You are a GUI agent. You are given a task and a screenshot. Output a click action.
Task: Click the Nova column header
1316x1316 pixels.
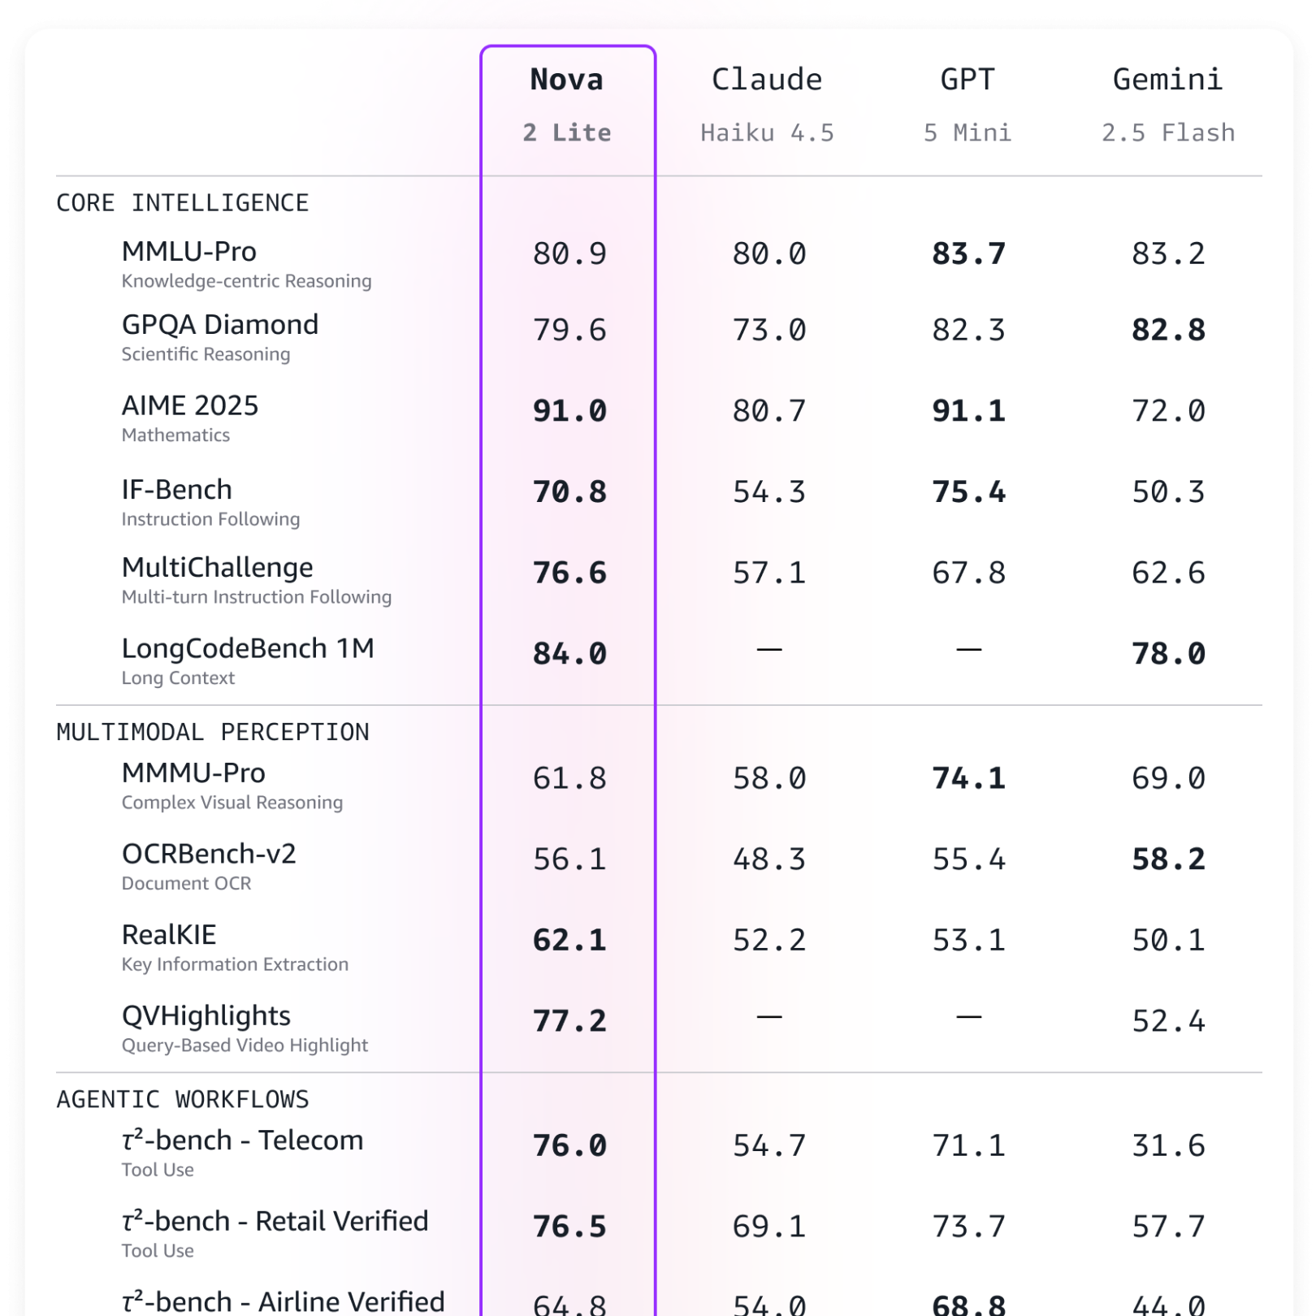click(567, 80)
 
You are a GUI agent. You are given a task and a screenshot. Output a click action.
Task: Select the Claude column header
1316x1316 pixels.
click(767, 80)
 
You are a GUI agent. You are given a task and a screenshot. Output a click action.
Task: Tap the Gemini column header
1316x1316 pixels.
click(1167, 80)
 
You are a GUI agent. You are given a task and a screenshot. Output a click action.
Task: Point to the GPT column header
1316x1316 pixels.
click(968, 80)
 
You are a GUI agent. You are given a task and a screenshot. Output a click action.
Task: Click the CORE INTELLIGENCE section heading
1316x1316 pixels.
click(183, 203)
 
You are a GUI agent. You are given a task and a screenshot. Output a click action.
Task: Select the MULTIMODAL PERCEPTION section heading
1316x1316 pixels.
click(213, 732)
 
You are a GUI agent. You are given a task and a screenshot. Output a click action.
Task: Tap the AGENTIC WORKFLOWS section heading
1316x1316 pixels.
click(183, 1099)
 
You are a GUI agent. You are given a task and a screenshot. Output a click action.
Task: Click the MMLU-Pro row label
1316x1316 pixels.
click(189, 252)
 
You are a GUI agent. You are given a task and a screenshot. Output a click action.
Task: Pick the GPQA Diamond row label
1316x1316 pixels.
click(220, 325)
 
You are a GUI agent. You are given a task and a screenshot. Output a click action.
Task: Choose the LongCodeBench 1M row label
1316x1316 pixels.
click(248, 648)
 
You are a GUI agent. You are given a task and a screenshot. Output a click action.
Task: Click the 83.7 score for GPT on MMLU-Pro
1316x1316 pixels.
click(968, 254)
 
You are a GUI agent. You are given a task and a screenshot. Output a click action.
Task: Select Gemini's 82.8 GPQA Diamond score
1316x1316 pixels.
click(1168, 331)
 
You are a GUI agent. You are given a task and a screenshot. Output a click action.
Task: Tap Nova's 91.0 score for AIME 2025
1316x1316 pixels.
click(569, 411)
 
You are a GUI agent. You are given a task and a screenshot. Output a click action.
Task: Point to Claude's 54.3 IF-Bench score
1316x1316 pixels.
click(769, 492)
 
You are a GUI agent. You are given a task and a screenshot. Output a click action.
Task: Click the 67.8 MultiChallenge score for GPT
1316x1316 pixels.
click(968, 574)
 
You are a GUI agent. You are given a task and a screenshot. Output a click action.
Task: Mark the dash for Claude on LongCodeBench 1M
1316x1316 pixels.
click(769, 650)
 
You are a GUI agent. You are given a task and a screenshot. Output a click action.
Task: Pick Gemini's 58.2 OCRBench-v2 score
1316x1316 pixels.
click(1168, 859)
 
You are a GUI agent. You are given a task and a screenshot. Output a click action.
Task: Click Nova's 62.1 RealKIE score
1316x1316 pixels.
click(569, 941)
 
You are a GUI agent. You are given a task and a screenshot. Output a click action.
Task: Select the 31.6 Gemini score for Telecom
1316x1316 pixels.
click(1168, 1146)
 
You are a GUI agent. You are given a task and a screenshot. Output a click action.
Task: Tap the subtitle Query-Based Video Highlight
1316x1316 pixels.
click(245, 1045)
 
